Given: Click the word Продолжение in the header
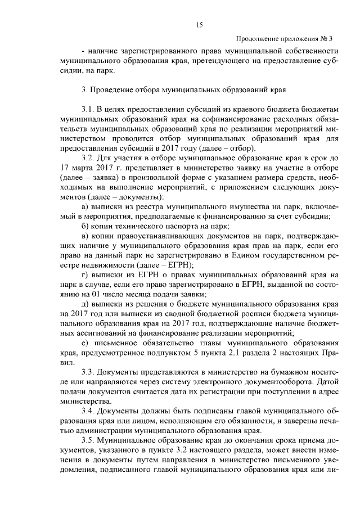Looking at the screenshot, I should pyautogui.click(x=255, y=39).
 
